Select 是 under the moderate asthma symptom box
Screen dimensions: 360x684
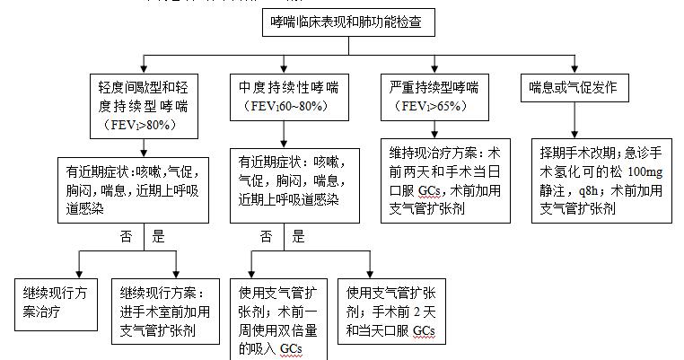pyautogui.click(x=301, y=237)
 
